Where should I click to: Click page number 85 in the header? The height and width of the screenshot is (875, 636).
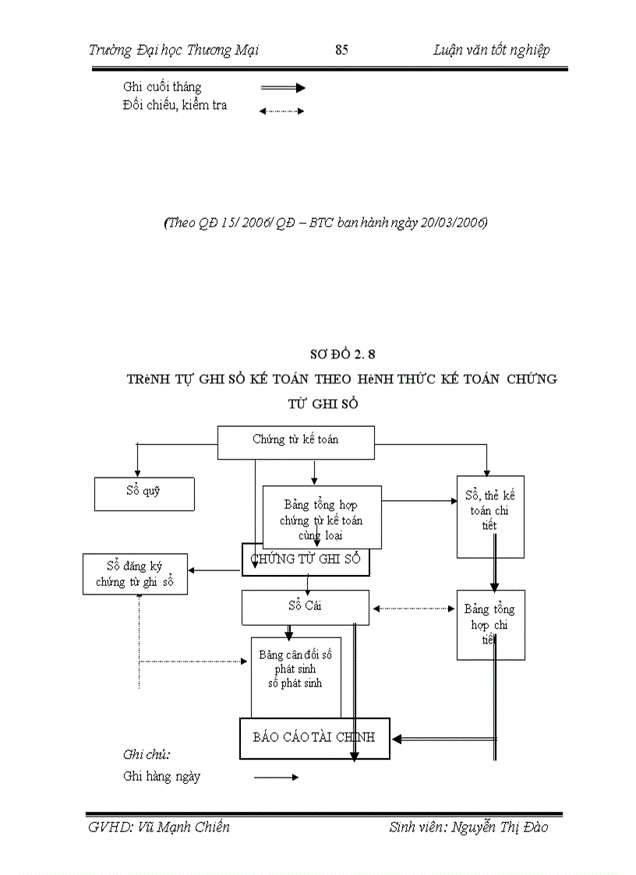(341, 50)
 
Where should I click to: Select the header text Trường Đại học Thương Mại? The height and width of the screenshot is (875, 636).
(174, 50)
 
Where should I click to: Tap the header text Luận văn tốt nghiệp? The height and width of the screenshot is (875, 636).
(491, 50)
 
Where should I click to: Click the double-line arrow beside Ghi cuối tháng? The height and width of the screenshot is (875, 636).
(282, 89)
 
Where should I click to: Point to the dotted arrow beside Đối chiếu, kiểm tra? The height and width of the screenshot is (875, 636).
(281, 111)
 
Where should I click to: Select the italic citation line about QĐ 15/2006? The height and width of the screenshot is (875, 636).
(325, 223)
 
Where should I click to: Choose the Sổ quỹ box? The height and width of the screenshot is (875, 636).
(143, 493)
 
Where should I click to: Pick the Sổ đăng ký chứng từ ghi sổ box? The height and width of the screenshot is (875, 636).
(135, 574)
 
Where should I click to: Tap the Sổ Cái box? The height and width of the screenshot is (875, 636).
(304, 606)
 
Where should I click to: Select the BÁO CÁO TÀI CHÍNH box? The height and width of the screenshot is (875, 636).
(313, 737)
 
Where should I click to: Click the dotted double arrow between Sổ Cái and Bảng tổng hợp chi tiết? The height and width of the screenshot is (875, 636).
(413, 609)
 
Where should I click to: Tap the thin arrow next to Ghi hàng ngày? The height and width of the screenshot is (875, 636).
(276, 777)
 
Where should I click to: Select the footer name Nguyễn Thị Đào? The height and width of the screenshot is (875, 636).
(499, 827)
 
